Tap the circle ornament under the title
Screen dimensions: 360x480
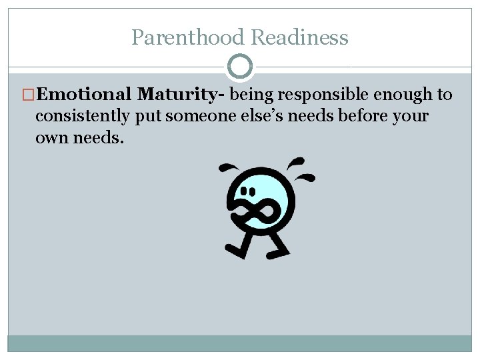point(240,67)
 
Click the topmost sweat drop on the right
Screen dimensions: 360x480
point(297,161)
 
